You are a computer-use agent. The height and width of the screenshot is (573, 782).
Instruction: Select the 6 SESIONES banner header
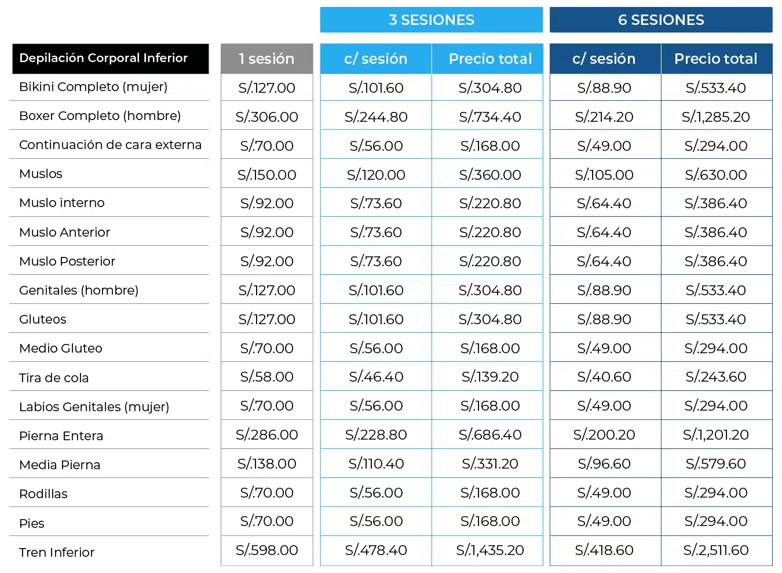(x=661, y=20)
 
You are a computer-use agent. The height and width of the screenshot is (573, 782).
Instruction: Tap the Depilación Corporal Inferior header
(x=110, y=59)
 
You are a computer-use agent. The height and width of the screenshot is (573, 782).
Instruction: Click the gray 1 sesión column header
(x=266, y=59)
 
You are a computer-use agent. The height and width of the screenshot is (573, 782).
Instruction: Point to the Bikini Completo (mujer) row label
(x=93, y=86)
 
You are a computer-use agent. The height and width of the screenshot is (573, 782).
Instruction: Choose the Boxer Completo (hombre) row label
(x=100, y=116)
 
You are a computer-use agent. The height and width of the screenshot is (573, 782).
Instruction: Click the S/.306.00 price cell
(x=266, y=117)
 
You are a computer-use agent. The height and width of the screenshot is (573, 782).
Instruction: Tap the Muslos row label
(x=41, y=174)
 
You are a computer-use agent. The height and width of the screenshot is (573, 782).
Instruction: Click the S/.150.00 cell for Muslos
(x=266, y=175)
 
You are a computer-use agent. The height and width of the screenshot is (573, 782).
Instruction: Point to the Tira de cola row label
(x=54, y=378)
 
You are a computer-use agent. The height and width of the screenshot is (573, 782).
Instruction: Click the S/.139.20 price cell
(x=490, y=377)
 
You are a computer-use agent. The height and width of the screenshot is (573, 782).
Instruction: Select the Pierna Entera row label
(x=61, y=436)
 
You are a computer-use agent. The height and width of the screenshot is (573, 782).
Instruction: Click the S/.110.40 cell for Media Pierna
(x=376, y=464)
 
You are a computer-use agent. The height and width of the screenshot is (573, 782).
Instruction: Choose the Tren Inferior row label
(x=57, y=552)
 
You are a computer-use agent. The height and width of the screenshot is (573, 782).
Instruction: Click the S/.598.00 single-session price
(x=266, y=550)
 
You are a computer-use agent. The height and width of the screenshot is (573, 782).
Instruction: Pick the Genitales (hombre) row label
(x=79, y=290)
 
